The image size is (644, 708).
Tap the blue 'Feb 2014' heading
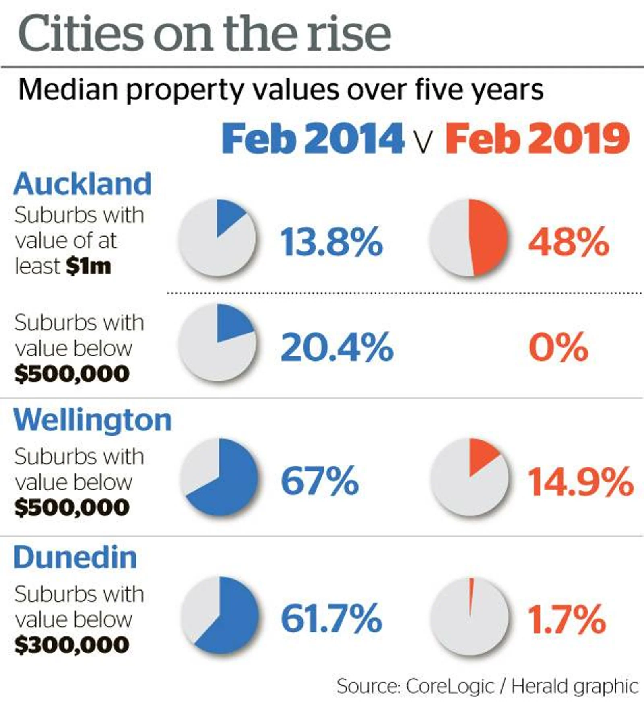(312, 139)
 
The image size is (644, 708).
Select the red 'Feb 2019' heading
(537, 139)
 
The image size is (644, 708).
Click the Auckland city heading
(83, 184)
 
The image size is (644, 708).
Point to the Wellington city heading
(93, 420)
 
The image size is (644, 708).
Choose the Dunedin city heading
(75, 558)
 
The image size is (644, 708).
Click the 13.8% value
(331, 242)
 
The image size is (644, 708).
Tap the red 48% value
(568, 242)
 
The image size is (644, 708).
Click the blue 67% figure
(320, 480)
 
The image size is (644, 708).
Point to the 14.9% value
(580, 482)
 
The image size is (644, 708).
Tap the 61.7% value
(331, 618)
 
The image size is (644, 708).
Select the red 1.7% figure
(566, 618)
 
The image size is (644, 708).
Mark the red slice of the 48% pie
(488, 237)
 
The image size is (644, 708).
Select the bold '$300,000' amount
(72, 645)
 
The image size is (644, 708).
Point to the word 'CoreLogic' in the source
(450, 686)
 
